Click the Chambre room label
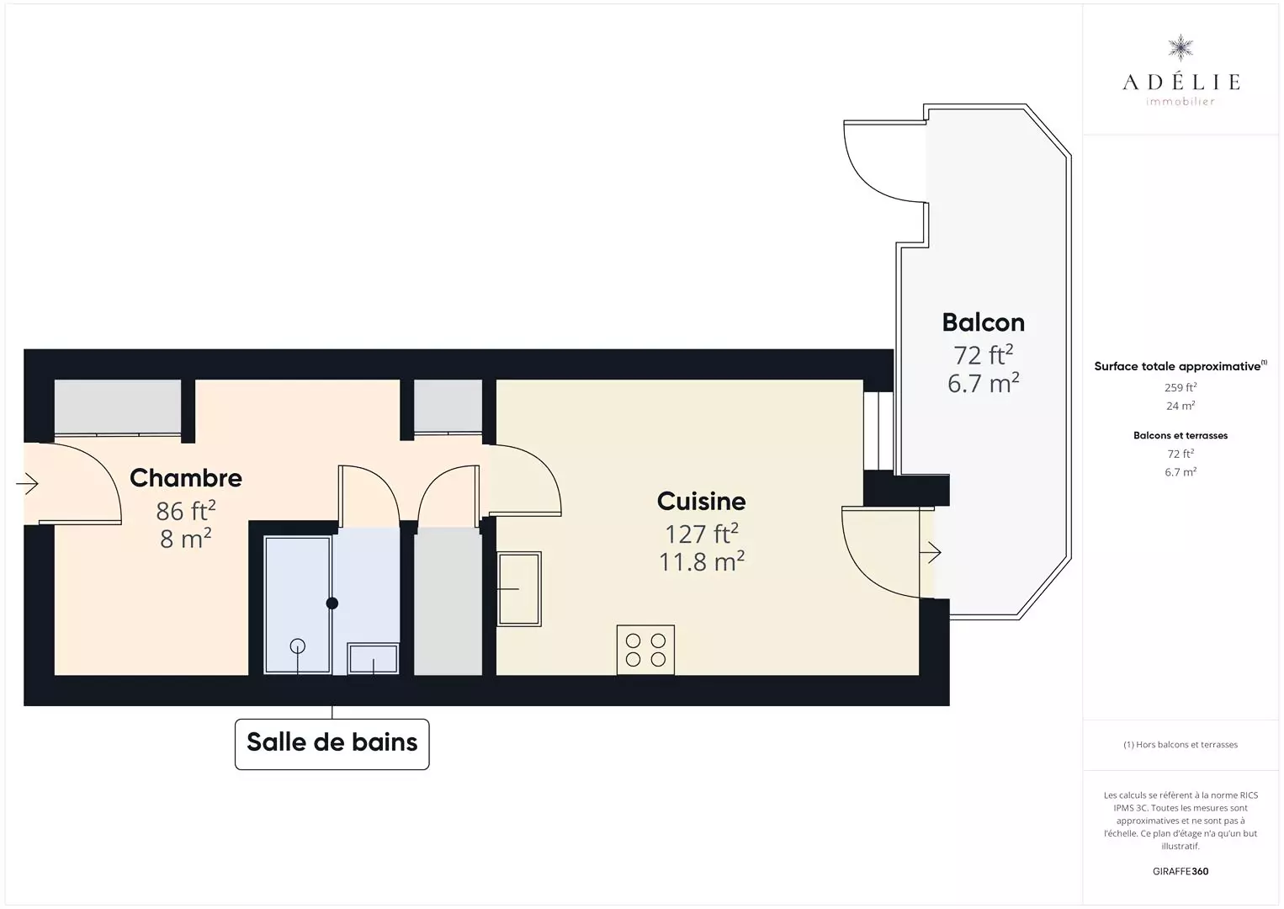[186, 478]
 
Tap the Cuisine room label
[701, 502]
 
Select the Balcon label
[983, 322]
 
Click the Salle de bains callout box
[332, 744]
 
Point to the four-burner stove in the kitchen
[645, 650]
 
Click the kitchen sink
[519, 588]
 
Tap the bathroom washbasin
[373, 658]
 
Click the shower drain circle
[298, 646]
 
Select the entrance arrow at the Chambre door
[27, 483]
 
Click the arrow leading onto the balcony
[931, 552]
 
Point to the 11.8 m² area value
[701, 562]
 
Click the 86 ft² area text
[186, 510]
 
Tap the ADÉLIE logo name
[1181, 82]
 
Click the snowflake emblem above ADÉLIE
[1181, 48]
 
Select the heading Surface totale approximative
[1177, 366]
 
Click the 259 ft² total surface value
[1181, 387]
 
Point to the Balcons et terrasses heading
[1181, 435]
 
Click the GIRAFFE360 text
[1181, 871]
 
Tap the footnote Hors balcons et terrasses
[1181, 744]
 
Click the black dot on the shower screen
[332, 603]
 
